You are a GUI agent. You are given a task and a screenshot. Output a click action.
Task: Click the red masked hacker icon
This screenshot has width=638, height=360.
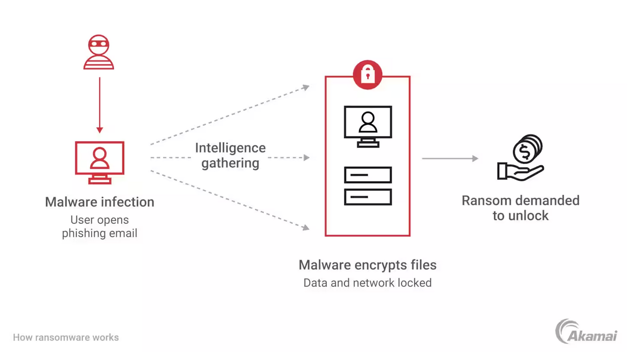[99, 52]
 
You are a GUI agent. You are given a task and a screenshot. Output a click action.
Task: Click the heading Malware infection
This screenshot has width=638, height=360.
[100, 202]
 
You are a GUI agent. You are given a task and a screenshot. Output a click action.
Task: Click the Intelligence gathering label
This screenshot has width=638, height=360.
[230, 155]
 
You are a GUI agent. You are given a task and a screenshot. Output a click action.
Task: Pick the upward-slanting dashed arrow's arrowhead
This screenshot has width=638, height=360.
[306, 88]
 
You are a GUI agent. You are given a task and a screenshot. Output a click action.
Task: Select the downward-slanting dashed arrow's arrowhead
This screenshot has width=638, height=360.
[306, 228]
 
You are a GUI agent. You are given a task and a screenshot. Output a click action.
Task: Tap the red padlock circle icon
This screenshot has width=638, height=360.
[367, 75]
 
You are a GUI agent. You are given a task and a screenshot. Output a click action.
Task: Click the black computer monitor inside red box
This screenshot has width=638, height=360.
[368, 125]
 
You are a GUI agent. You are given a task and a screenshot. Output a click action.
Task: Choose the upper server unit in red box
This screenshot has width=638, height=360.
[368, 175]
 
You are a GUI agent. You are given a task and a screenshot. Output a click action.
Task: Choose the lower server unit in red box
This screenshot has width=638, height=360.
[368, 197]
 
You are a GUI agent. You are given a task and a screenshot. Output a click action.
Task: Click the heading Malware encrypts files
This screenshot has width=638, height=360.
[367, 265]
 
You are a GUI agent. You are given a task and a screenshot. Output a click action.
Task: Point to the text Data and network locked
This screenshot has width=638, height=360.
[367, 283]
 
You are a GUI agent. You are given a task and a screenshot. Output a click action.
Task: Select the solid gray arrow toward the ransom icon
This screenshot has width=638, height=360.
[449, 159]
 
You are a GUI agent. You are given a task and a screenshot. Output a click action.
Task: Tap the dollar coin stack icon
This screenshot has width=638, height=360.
[528, 149]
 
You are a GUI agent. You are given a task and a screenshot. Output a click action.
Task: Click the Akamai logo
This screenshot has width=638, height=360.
[586, 332]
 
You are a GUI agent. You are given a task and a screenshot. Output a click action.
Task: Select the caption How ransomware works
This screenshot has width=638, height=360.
[66, 337]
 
